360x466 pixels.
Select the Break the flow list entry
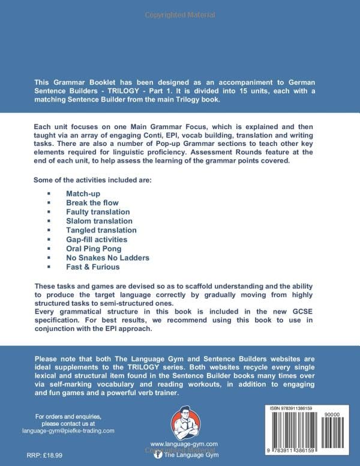tap(94, 203)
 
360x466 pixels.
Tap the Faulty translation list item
tap(98, 212)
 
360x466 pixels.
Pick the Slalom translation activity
tap(100, 221)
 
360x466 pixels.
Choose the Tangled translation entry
tap(101, 230)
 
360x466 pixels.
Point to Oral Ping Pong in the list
tap(94, 248)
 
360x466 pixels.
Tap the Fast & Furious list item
tap(93, 266)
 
